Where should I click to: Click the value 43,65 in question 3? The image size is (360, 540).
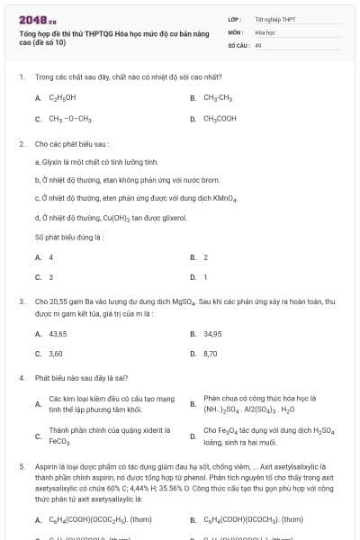pos(58,334)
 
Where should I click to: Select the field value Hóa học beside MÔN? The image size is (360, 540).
pos(265,31)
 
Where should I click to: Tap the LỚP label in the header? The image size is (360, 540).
pos(234,18)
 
